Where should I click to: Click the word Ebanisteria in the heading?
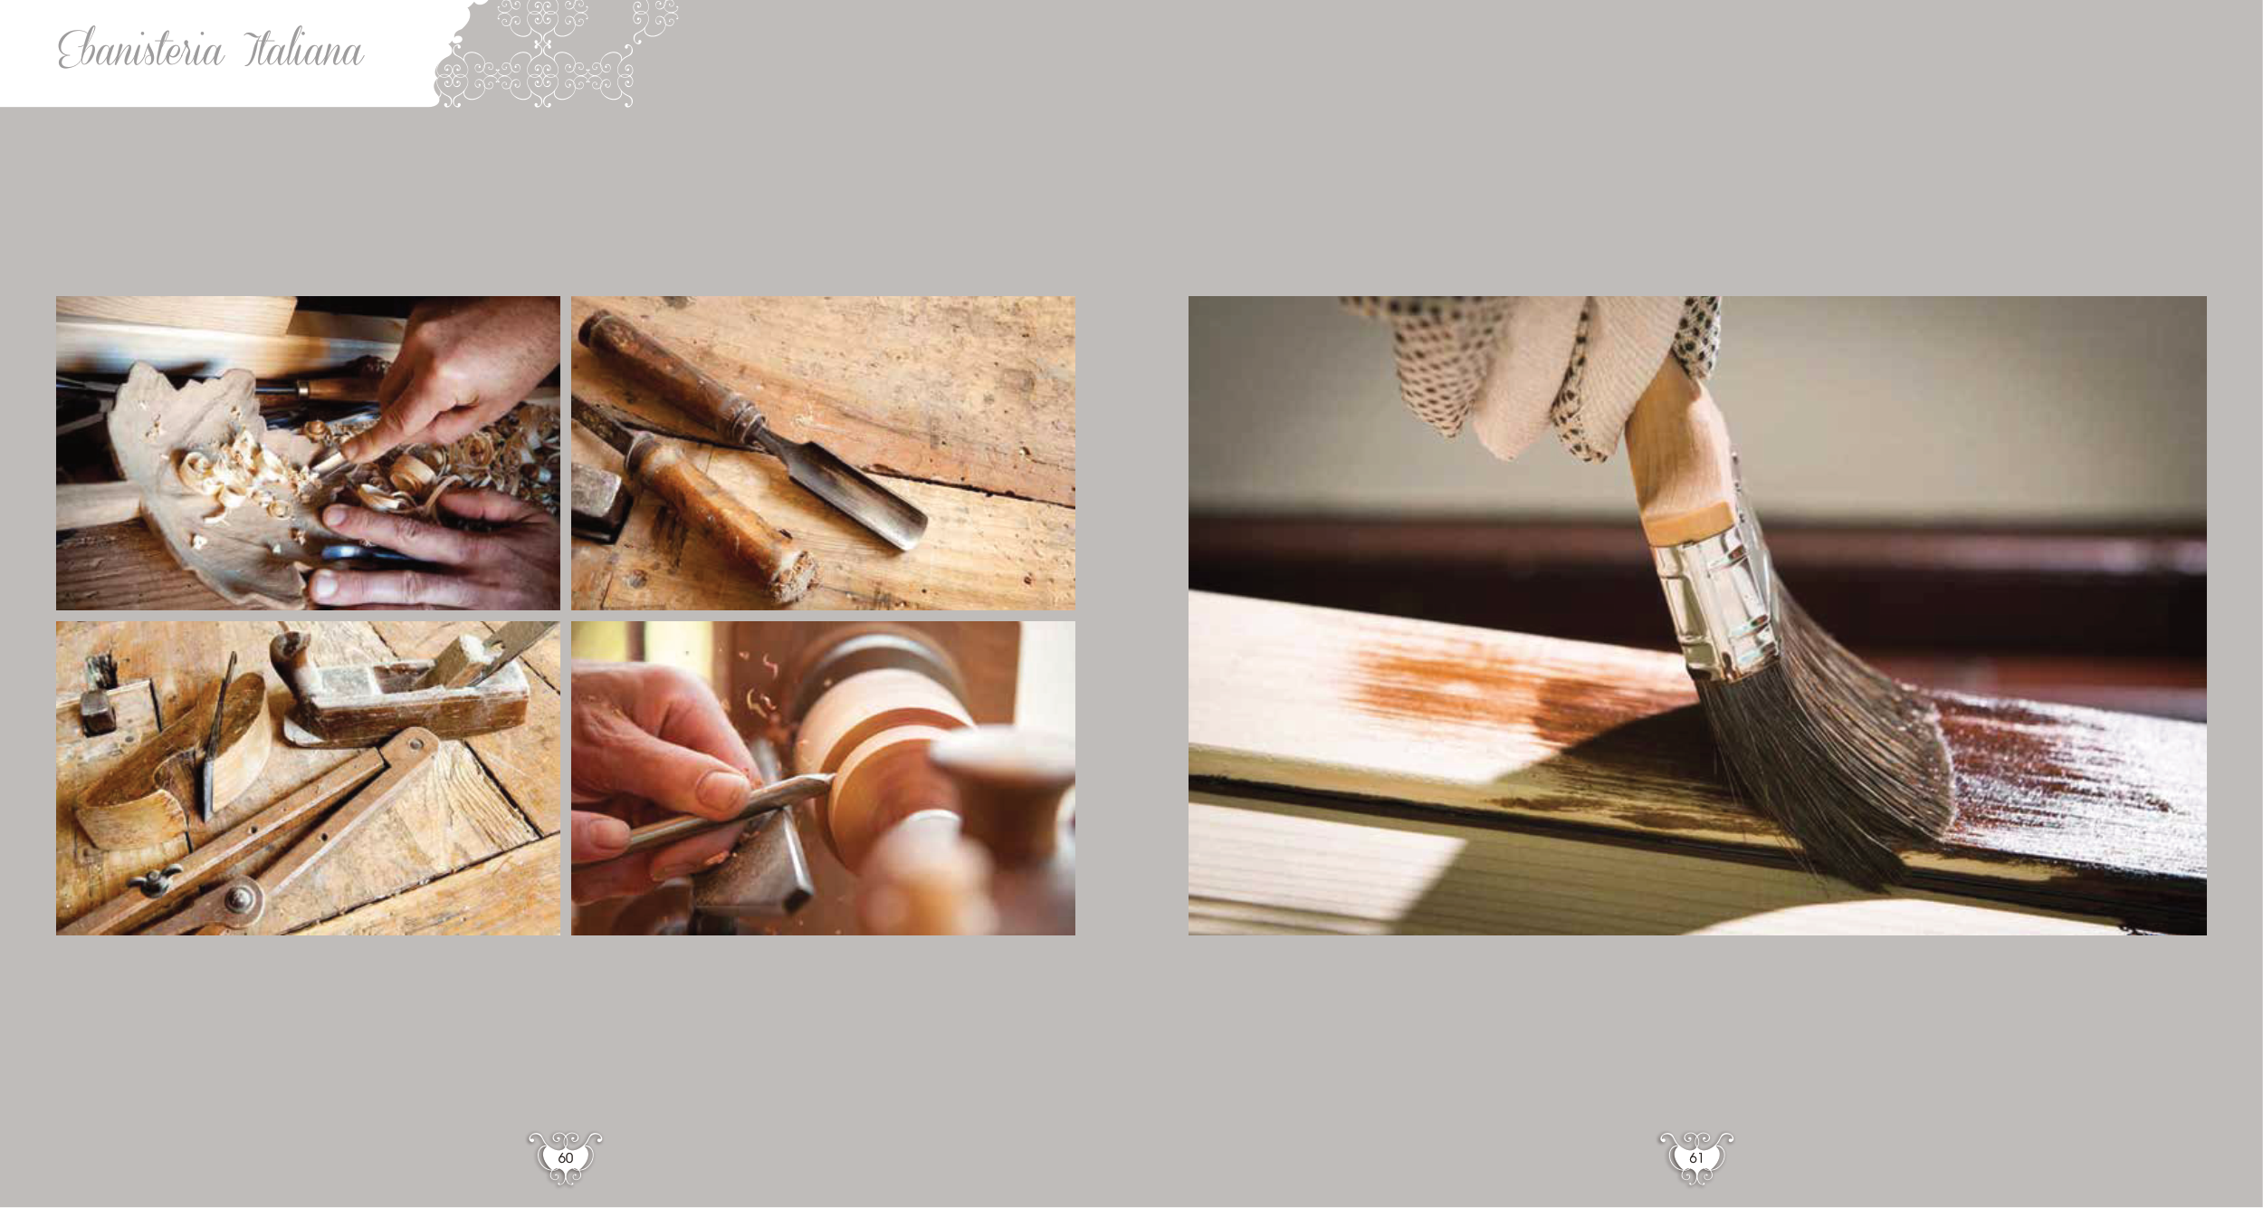click(x=141, y=49)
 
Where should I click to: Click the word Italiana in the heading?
click(x=304, y=49)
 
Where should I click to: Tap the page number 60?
click(x=566, y=1158)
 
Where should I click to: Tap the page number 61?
click(x=1696, y=1158)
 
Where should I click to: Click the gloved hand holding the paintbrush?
click(x=1539, y=371)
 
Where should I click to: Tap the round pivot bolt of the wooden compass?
click(x=240, y=900)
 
